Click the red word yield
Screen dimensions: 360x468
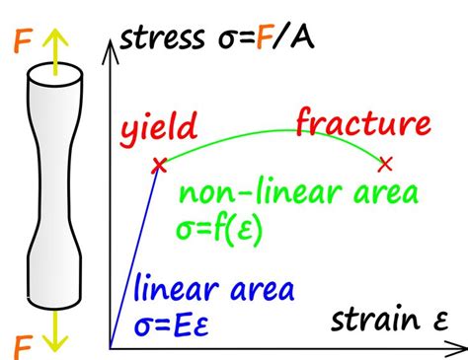point(159,129)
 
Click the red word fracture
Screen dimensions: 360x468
point(363,125)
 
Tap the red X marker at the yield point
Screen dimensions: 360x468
point(157,166)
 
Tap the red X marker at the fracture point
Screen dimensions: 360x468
point(385,162)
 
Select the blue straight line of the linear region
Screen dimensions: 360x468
point(134,256)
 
